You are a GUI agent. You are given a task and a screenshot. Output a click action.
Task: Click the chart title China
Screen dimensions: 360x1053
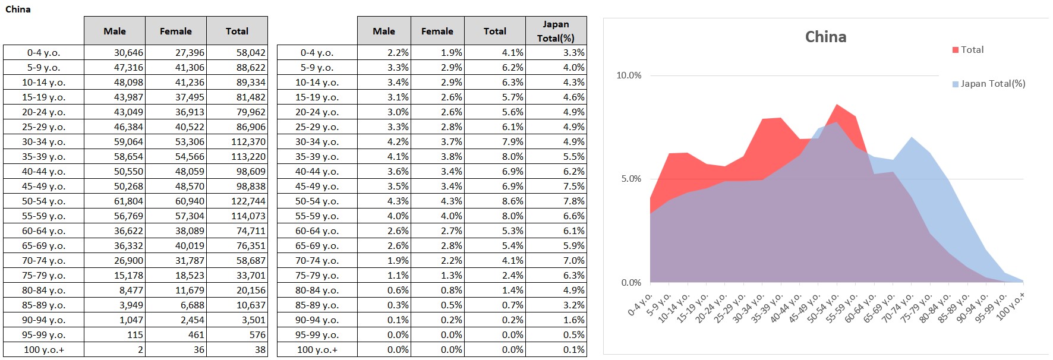(x=825, y=37)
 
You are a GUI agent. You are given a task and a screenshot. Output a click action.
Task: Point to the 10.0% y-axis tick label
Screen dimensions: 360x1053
(x=629, y=75)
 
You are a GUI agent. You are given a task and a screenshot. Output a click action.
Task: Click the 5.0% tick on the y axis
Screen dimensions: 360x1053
(x=631, y=179)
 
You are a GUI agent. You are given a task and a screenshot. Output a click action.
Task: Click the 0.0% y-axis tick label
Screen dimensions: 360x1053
(x=631, y=283)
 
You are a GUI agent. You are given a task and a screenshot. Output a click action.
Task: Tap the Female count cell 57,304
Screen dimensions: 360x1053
(x=190, y=216)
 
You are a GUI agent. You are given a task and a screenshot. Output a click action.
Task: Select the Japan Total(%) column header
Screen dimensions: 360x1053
(x=556, y=31)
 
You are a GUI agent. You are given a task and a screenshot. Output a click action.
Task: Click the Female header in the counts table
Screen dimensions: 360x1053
(x=176, y=31)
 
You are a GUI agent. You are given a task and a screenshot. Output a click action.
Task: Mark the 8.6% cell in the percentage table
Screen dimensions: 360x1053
(x=512, y=201)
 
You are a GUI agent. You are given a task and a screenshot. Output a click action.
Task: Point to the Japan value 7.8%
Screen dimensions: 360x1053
(x=573, y=201)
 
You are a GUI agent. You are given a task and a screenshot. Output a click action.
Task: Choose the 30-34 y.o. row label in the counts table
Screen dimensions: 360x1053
(x=44, y=142)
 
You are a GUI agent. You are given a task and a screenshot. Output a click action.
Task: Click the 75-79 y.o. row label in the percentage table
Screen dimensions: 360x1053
(x=317, y=276)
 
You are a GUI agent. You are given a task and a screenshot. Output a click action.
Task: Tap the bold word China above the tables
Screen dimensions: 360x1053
(x=18, y=9)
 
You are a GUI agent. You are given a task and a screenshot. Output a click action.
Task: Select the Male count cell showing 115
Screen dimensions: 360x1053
(x=135, y=335)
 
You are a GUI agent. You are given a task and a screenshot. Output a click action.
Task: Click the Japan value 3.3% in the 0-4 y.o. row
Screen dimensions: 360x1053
(x=573, y=53)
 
